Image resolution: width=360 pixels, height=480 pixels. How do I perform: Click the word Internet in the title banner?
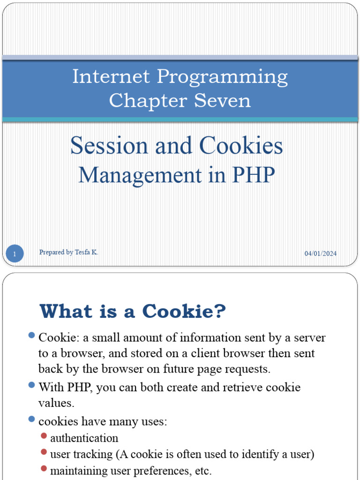(111, 77)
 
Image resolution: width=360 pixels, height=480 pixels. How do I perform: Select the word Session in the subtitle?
(108, 146)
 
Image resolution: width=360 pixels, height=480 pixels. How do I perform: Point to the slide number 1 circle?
(15, 255)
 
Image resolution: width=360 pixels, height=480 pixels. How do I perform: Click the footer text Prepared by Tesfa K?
(68, 252)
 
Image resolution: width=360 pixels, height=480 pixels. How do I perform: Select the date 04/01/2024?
(321, 254)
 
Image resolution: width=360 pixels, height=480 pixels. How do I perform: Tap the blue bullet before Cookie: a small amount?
(31, 335)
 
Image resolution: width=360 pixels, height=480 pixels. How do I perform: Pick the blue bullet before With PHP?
(31, 385)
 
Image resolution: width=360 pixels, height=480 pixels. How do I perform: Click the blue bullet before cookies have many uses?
(31, 419)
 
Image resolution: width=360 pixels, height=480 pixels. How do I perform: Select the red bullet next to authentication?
(44, 436)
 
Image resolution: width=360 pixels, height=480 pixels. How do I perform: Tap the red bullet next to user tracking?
(44, 452)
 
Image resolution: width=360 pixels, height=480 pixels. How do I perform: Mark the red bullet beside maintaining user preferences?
(44, 468)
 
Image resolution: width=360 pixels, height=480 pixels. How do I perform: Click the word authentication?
(84, 438)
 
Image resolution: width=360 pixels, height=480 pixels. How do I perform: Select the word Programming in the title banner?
(222, 77)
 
